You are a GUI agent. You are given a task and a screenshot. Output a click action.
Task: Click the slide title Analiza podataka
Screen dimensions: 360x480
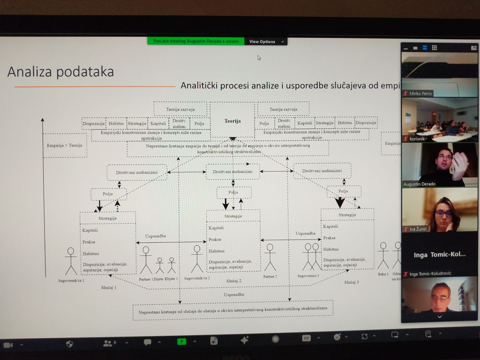tap(60, 72)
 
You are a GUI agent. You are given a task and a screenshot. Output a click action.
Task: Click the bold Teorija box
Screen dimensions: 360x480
tap(232, 120)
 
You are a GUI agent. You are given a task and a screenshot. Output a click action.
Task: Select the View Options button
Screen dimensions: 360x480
tap(265, 41)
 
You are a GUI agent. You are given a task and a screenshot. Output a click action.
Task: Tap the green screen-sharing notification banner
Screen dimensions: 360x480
tap(195, 41)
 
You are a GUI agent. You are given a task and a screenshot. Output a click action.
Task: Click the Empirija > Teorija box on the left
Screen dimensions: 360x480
tap(64, 145)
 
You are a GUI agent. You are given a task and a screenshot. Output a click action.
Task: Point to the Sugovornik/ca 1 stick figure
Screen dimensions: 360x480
tap(71, 261)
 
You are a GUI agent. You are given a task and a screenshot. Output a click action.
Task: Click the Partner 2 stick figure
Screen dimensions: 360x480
tap(270, 257)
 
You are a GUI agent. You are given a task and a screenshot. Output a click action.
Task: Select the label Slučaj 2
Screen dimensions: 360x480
tap(233, 281)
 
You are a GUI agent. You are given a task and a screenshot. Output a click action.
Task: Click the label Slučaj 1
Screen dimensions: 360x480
tap(109, 287)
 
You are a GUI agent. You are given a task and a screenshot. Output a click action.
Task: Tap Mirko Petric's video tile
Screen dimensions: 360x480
tap(439, 75)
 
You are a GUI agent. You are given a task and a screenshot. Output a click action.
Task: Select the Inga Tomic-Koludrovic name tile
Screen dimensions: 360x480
tap(439, 255)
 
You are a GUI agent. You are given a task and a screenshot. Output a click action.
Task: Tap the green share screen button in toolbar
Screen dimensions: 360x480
tap(181, 341)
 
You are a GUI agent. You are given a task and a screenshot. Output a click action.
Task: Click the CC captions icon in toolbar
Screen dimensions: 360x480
tap(306, 338)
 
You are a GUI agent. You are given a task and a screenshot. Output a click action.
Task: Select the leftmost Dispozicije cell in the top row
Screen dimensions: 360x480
tap(93, 124)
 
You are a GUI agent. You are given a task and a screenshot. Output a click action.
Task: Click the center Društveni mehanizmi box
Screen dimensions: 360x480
tap(232, 172)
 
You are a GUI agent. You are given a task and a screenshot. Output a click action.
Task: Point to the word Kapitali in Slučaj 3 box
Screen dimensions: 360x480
tap(330, 226)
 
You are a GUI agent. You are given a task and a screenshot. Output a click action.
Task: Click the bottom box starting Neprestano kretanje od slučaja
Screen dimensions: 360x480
tap(232, 310)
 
